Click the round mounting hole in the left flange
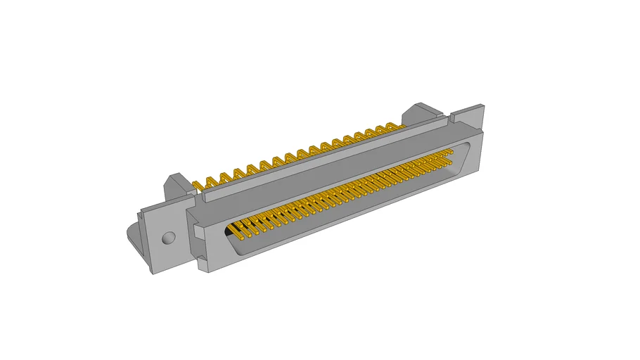167,238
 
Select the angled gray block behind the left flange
176,186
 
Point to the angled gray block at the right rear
421,115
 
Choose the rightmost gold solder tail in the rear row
399,127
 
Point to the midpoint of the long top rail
324,160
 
